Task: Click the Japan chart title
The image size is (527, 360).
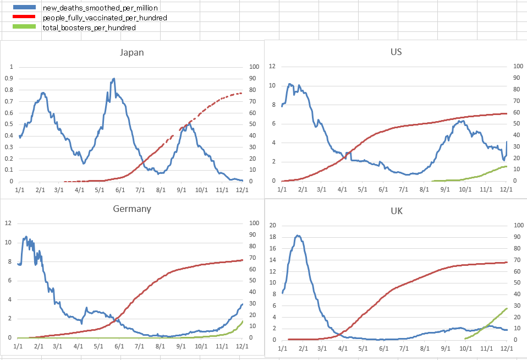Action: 132,53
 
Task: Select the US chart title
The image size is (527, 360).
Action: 396,52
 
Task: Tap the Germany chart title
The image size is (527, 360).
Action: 132,209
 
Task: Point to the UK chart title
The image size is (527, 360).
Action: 396,211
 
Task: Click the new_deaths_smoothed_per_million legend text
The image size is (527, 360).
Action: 101,8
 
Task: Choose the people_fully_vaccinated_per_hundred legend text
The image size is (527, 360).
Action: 105,18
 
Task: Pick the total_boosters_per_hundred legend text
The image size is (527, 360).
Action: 89,27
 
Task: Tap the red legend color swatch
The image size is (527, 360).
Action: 27,18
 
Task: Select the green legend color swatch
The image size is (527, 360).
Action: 27,26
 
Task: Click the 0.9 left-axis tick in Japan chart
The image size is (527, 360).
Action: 9,78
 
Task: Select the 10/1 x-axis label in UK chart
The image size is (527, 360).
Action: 465,348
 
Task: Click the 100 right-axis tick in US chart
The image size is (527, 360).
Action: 518,66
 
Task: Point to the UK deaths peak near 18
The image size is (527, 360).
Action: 298,236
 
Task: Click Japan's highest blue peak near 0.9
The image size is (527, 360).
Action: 114,79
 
